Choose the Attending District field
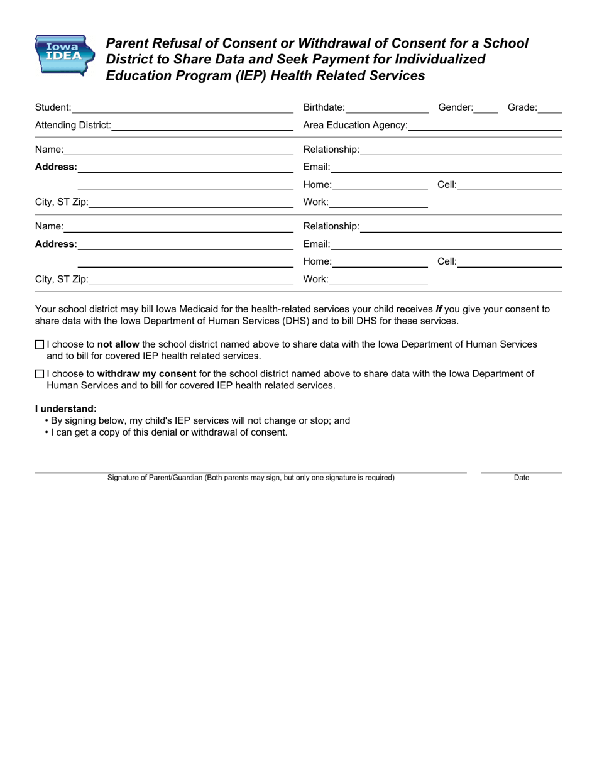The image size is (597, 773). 202,125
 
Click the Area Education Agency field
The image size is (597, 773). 485,125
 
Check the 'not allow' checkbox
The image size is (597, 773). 40,344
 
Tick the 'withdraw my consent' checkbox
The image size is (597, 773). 40,374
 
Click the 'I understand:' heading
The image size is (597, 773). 66,408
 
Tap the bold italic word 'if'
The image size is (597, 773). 439,309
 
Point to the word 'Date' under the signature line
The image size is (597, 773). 522,478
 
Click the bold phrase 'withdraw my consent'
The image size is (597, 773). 146,374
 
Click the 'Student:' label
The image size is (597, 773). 53,107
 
